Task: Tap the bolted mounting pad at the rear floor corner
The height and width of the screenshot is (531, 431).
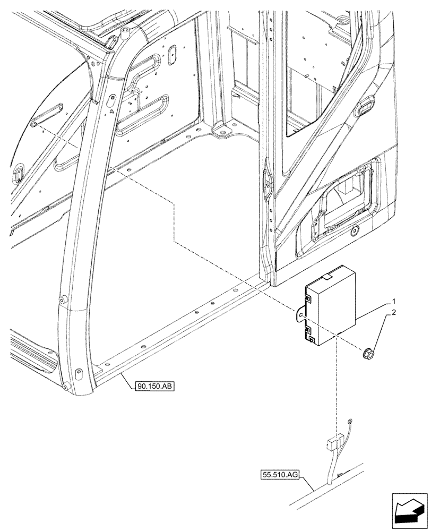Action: (223, 129)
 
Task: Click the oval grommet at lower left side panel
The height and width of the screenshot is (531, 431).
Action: (19, 172)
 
